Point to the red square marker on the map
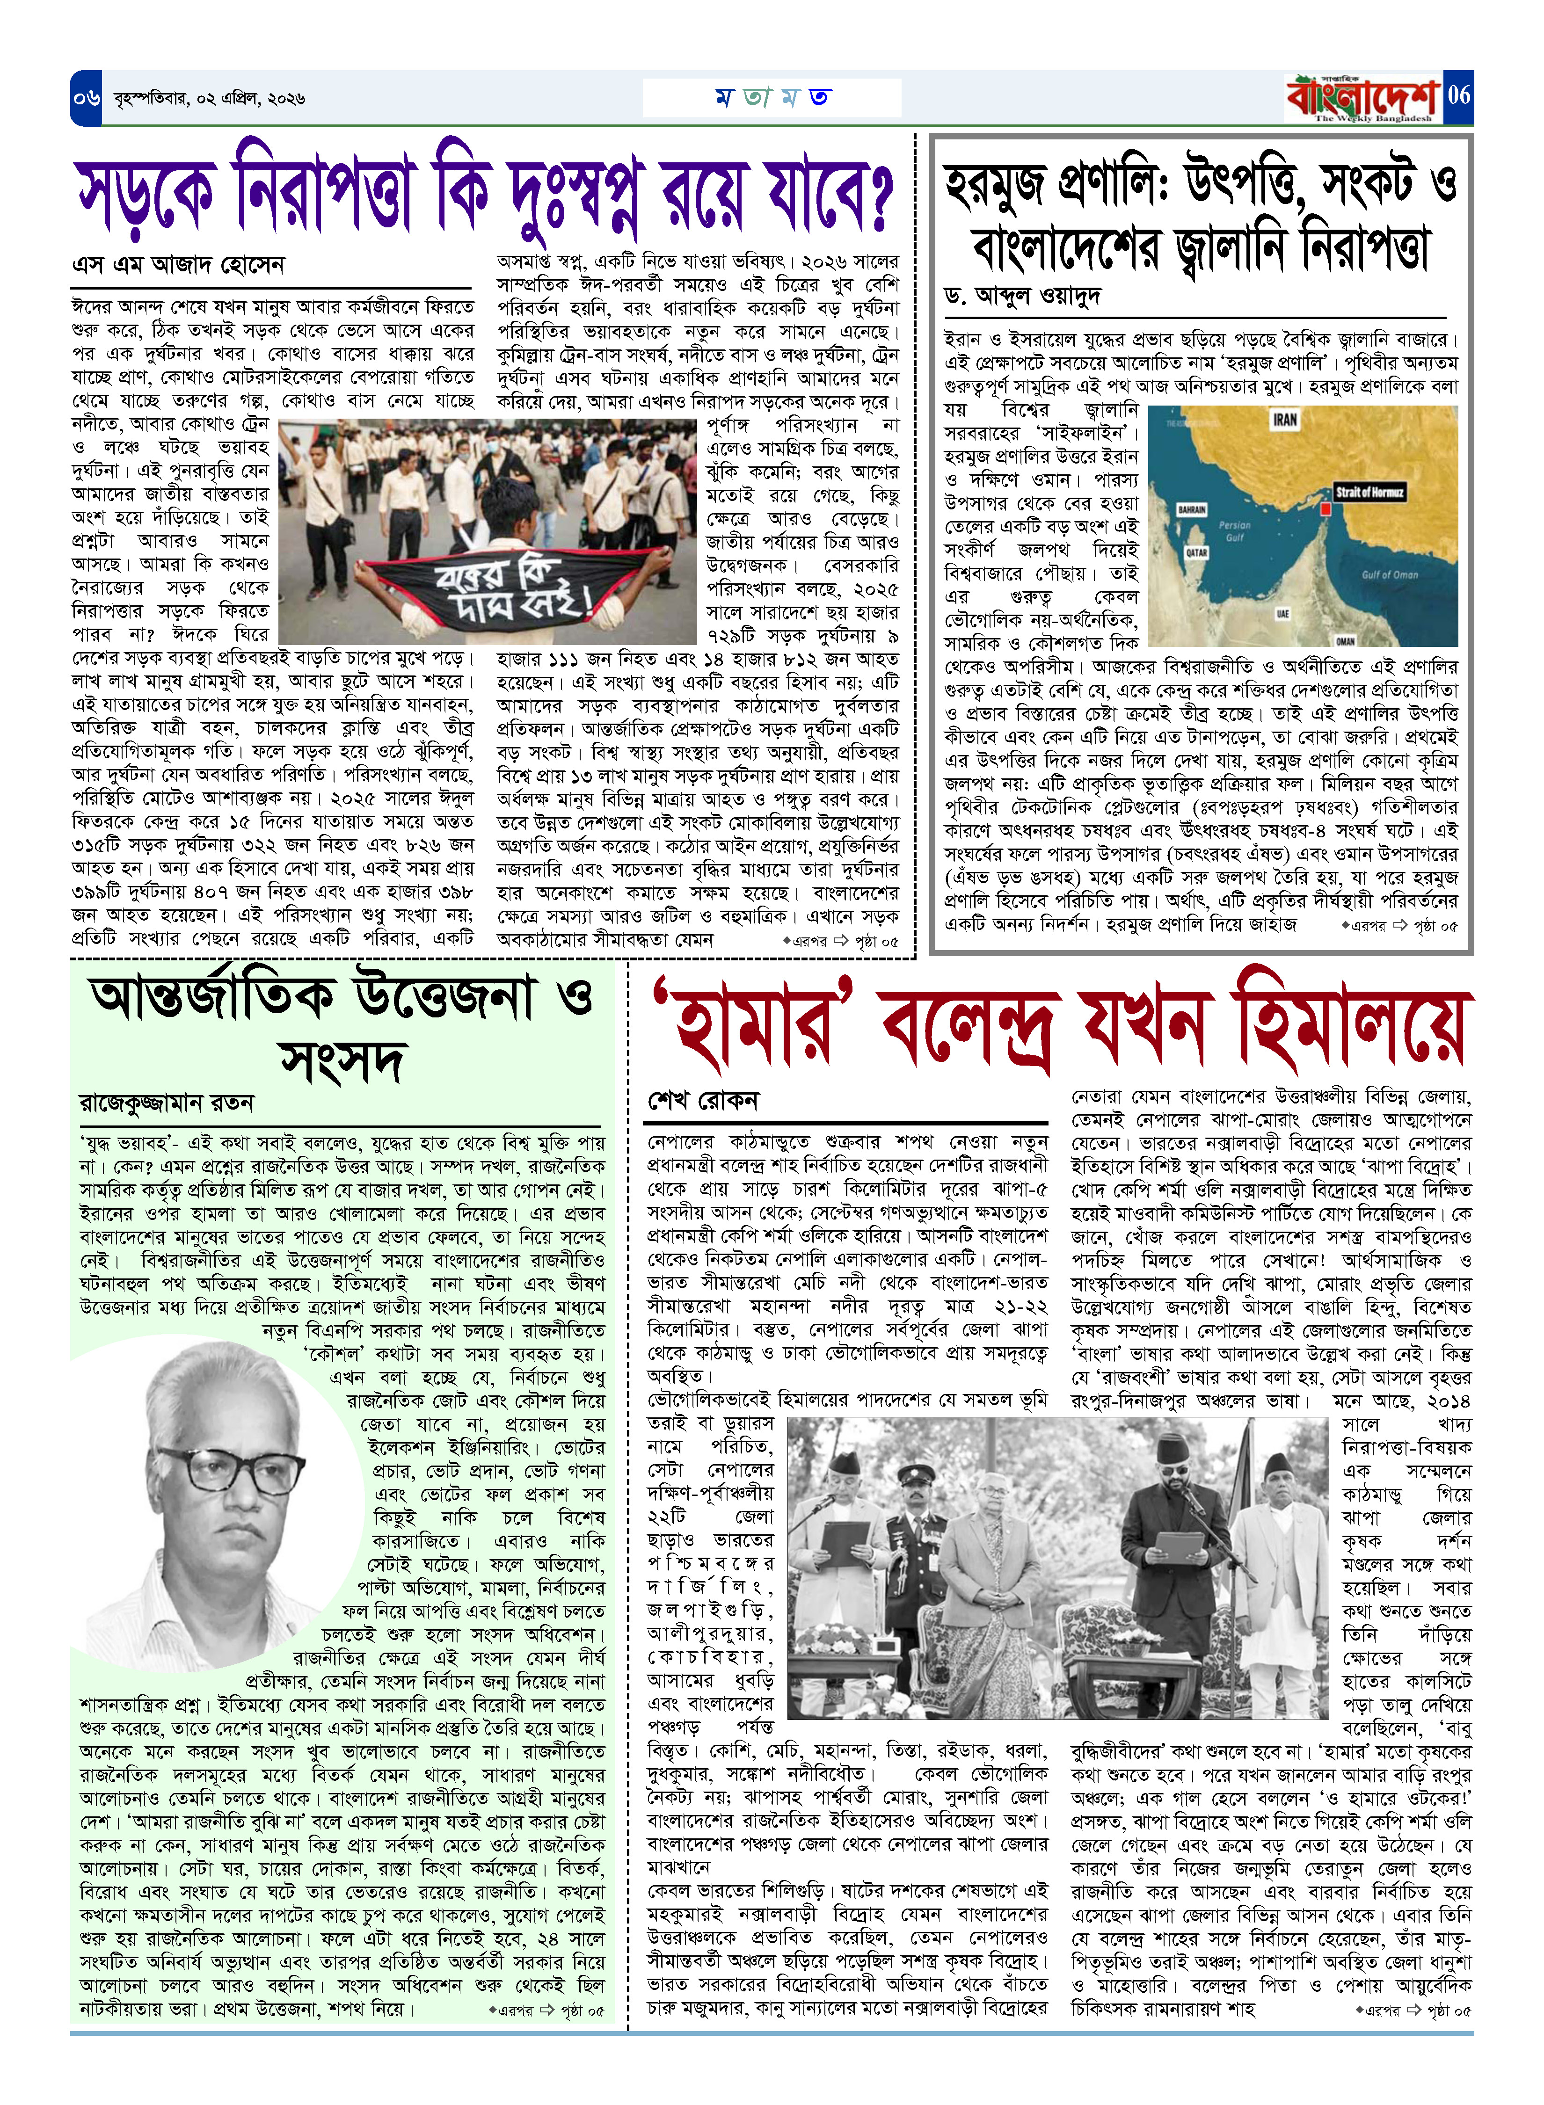pos(1325,509)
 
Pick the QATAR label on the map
pos(1197,553)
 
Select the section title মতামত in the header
pos(772,97)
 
